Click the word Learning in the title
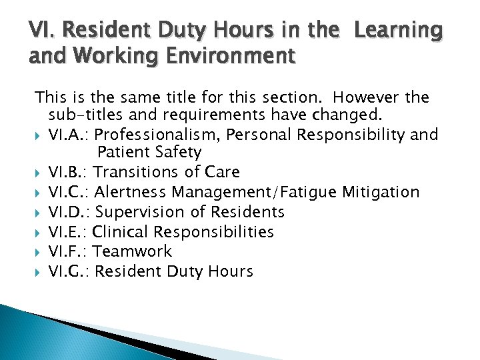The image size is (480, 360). [x=399, y=31]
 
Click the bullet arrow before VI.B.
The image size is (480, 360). [x=39, y=173]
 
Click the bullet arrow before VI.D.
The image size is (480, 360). [x=39, y=213]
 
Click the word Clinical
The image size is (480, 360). [x=118, y=232]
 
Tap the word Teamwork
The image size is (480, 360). [x=132, y=251]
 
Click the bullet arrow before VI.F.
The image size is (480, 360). [x=39, y=252]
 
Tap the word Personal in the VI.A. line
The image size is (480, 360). [x=260, y=135]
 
